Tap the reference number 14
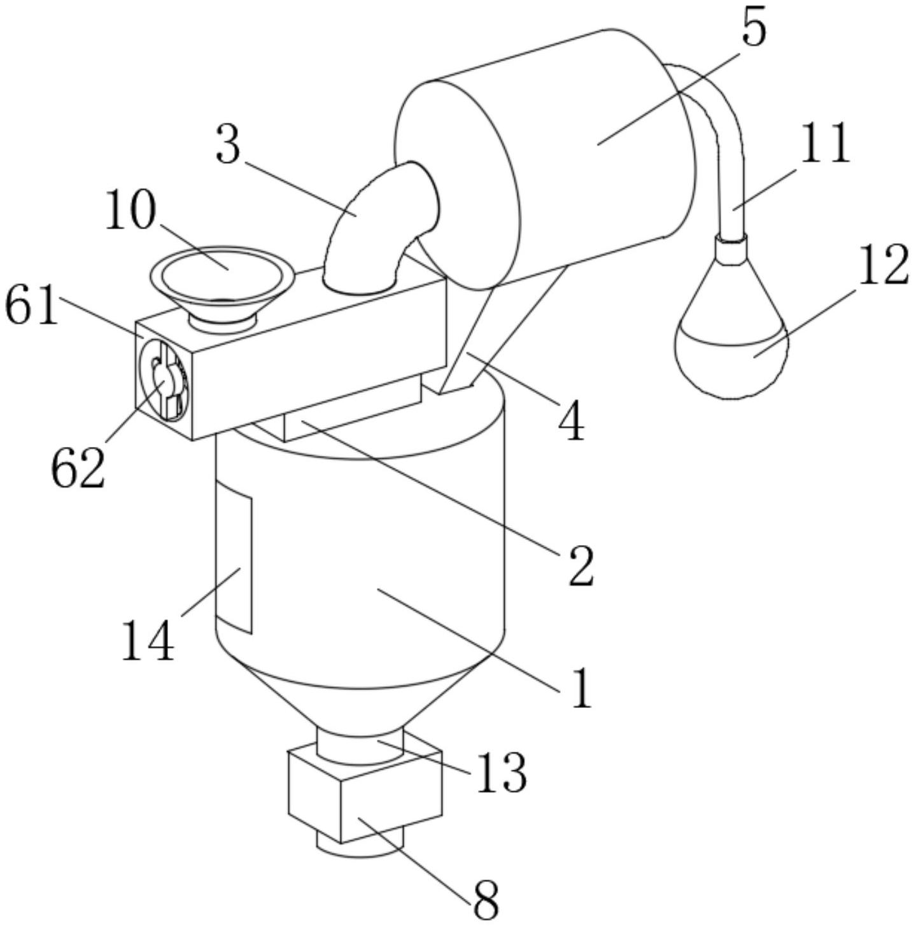[x=148, y=640]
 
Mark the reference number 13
[x=502, y=772]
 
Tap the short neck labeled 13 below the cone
[x=360, y=746]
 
